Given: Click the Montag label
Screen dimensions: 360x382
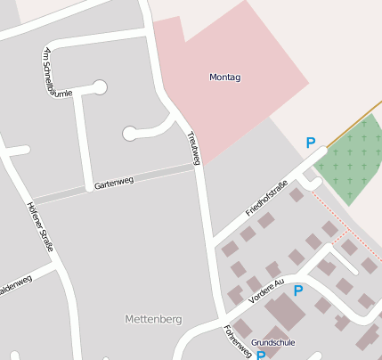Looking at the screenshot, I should pos(224,78).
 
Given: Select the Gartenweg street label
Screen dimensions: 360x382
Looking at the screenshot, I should pos(113,181).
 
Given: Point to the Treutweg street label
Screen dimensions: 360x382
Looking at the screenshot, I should pos(193,148).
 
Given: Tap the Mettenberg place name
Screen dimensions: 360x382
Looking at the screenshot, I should pos(153,318).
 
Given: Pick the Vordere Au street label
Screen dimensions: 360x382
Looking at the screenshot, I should pos(266,291).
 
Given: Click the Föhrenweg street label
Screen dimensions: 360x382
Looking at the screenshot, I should pos(238,341).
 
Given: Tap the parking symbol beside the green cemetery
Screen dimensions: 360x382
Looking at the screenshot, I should pos(311,142).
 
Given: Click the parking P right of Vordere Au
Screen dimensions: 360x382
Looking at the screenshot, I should pos(298,290).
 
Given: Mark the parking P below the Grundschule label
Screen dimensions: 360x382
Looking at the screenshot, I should pos(261,355).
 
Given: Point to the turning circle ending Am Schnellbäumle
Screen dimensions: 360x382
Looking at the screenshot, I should pos(100,86).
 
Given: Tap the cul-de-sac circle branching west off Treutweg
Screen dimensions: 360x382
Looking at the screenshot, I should pos(130,134).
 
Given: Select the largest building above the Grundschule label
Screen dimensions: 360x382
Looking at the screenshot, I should pos(284,312).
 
